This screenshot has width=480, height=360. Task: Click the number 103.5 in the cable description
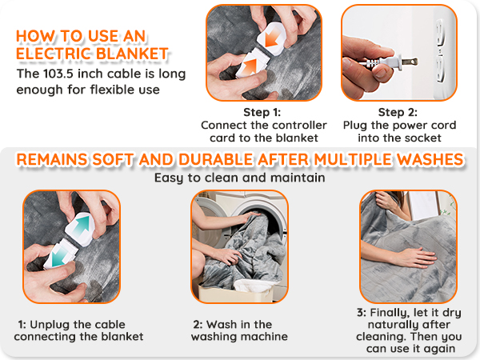[x=58, y=74]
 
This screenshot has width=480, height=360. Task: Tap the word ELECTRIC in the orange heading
[x=54, y=54]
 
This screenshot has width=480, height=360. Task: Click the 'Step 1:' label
[x=262, y=112]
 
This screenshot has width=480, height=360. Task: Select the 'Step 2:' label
[x=398, y=112]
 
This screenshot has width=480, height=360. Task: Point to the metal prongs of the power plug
[x=410, y=62]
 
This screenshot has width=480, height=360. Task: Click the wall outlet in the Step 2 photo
[x=440, y=52]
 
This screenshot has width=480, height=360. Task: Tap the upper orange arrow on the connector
[x=272, y=37]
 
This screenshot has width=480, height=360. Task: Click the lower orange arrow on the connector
[x=250, y=66]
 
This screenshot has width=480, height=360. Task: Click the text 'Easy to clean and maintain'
[x=240, y=178]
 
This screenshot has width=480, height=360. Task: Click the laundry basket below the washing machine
[x=236, y=291]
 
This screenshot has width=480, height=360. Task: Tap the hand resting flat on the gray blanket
[x=414, y=257]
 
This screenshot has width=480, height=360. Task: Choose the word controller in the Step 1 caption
[x=299, y=126]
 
